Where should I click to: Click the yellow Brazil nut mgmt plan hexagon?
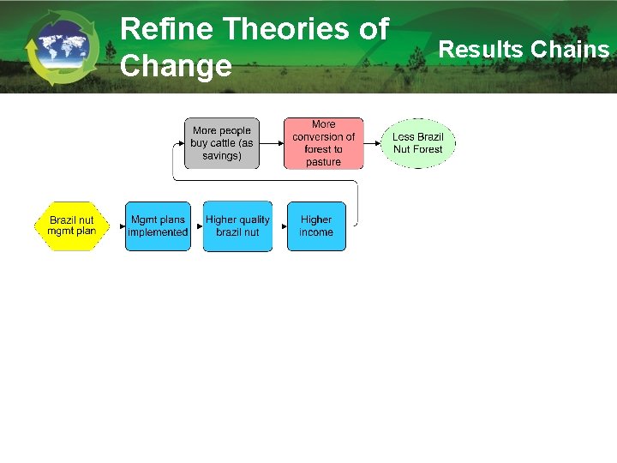coord(72,226)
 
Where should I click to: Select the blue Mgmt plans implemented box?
coord(158,226)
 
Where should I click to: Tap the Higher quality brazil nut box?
coord(237,226)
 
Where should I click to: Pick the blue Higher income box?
coord(316,226)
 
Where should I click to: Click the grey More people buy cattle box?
coord(222,143)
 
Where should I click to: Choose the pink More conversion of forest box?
coord(323,143)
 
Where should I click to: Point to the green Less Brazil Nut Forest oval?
coord(418,143)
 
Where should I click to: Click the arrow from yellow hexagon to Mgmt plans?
coord(117,226)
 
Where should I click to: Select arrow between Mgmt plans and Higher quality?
coord(196,226)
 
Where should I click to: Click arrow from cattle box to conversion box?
coord(270,143)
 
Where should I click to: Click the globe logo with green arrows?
coord(62,47)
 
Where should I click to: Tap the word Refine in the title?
coord(167,29)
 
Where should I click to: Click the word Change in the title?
coord(176,65)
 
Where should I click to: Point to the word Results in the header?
coord(481,50)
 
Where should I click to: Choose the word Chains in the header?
coord(569,50)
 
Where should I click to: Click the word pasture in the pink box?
coord(323,162)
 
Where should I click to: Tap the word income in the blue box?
coord(316,232)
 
